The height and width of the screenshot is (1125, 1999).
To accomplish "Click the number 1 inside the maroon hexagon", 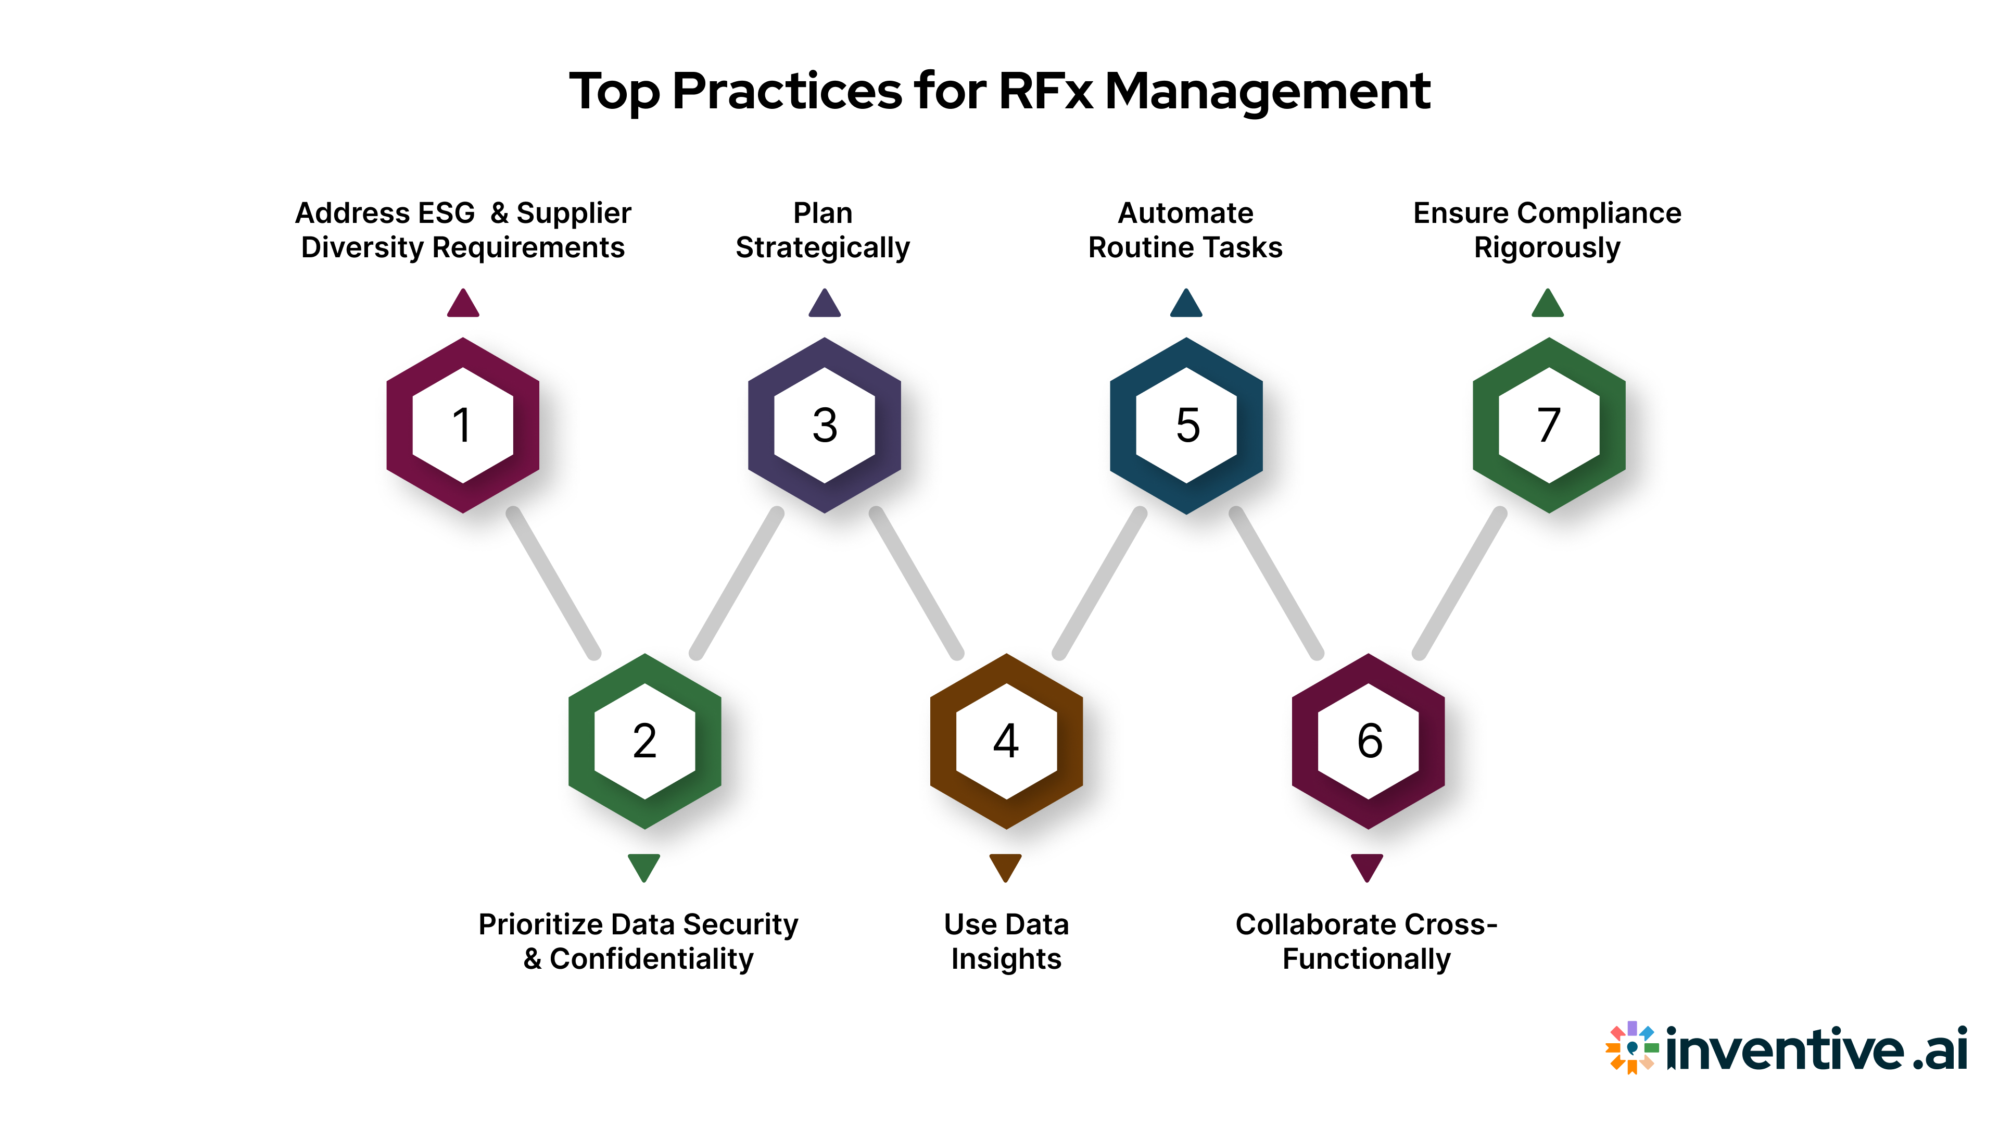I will point(462,426).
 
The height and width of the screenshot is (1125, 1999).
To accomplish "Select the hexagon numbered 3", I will point(824,426).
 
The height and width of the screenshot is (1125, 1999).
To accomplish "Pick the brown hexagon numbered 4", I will point(1006,742).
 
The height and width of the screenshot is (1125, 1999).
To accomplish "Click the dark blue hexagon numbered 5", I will point(1186,426).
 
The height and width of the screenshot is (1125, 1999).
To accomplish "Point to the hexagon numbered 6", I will point(1368,742).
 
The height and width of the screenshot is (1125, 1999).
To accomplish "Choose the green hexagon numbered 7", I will point(1549,426).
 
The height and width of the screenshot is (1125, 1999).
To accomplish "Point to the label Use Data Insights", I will point(1006,941).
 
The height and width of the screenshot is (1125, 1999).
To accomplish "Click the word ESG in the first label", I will point(446,213).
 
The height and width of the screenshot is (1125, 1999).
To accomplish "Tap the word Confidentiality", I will point(651,959).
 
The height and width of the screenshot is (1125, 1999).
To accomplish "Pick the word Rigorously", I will point(1547,248).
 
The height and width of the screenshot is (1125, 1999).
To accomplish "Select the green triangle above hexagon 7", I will point(1547,304).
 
